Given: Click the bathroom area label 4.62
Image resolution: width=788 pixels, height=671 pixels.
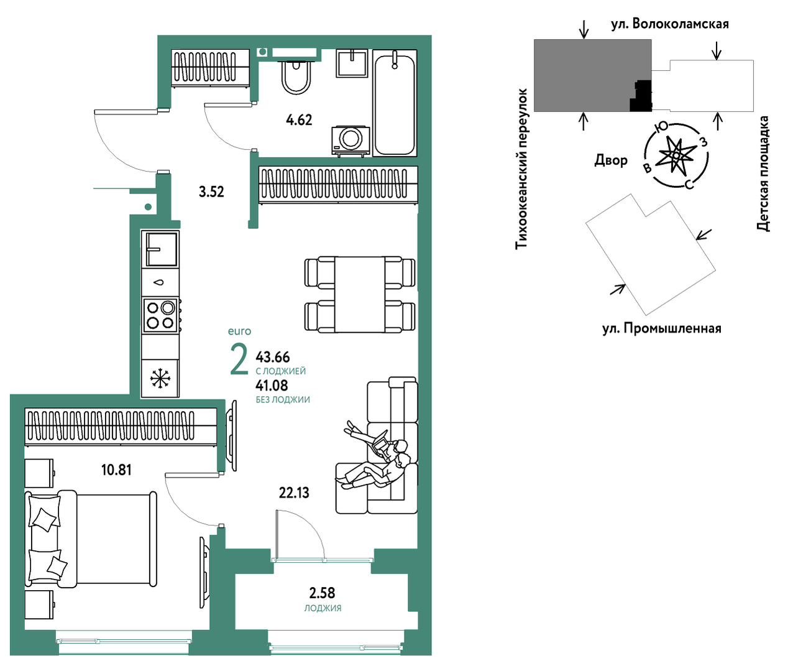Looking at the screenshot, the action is [x=299, y=120].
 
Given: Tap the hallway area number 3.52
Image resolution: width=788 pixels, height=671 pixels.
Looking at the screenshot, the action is [x=211, y=192].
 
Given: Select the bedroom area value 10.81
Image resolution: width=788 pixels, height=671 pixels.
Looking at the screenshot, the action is [x=116, y=470].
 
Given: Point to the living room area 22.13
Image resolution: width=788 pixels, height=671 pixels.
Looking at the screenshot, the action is [x=294, y=493].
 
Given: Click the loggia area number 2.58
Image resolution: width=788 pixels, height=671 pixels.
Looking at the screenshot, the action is [x=322, y=593].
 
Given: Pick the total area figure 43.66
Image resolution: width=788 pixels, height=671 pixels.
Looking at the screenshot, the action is [x=273, y=357].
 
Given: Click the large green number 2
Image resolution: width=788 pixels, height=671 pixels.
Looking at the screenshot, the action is [x=239, y=359].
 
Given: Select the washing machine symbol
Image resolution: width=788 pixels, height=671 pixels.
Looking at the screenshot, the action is [x=350, y=141].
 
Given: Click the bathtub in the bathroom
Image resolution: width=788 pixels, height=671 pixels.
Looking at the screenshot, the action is [x=395, y=103].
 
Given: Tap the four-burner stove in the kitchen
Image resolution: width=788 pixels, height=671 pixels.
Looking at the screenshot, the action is [x=160, y=315].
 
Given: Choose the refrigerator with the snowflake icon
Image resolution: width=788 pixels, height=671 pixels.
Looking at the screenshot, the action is [x=160, y=379].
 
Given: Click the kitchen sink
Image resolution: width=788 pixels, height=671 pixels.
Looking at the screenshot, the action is [x=160, y=249].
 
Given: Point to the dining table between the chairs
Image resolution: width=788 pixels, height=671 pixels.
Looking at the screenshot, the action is [x=359, y=294].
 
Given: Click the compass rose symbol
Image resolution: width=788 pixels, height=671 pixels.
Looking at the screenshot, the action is [x=676, y=155].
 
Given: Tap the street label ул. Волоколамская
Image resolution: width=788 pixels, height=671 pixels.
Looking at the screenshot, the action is [x=670, y=24].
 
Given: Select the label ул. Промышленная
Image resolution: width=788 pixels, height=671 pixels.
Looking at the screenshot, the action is [x=662, y=328].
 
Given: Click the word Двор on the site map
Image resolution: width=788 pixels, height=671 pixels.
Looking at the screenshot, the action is [x=611, y=160].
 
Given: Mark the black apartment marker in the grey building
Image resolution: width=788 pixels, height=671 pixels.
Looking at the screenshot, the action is [x=641, y=96].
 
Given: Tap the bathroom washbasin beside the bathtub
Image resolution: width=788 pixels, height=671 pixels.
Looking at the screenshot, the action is [x=352, y=63].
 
